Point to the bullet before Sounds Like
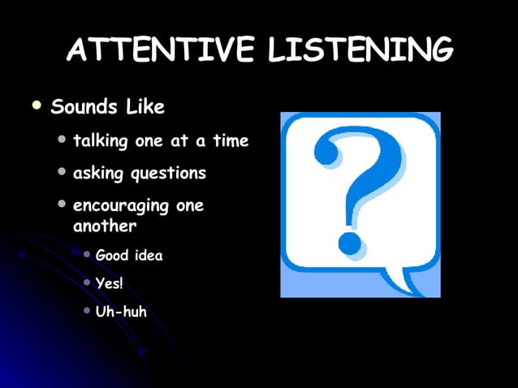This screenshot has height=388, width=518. tap(35, 106)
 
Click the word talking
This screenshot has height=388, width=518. tap(101, 141)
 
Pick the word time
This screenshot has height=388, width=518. tap(231, 140)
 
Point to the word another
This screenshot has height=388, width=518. tap(105, 226)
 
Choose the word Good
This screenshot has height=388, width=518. tap(112, 256)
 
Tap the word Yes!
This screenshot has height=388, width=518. tap(109, 283)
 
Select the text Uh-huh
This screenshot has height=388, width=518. tap(121, 311)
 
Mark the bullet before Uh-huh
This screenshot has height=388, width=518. tap(87, 310)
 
